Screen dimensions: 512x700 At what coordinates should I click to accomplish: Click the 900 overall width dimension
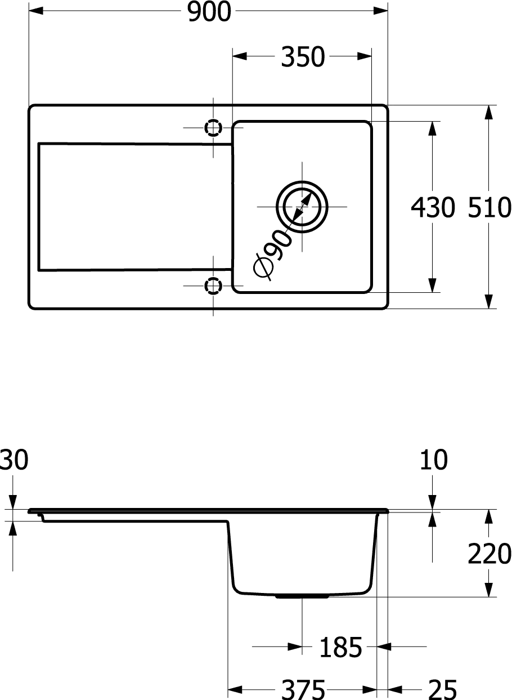coord(209,12)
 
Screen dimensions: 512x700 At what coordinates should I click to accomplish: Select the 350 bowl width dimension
coord(303,56)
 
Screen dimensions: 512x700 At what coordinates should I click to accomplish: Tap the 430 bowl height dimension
coord(433,207)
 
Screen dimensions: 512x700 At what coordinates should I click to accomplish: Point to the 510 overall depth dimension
coord(489,207)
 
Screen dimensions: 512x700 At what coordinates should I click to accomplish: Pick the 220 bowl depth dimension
coord(489,554)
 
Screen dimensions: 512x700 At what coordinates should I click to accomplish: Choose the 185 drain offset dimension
coord(340,647)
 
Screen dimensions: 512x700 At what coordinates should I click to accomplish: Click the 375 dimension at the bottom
coord(303,690)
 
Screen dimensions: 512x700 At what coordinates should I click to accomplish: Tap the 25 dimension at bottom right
coord(442,690)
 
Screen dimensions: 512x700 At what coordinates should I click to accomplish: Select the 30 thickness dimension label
coord(14,460)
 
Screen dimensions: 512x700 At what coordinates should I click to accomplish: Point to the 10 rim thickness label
coord(434,460)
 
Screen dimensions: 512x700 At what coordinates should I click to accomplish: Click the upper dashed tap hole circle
coord(213,128)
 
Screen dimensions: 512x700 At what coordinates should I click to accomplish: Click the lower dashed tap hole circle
coord(213,286)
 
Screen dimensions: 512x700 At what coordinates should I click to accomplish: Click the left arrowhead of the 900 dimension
coord(36,11)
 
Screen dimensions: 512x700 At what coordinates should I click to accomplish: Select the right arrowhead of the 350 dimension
coord(365,56)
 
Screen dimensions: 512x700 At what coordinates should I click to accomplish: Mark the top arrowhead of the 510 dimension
coord(488,112)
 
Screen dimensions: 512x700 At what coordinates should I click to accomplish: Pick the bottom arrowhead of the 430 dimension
coord(432,285)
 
